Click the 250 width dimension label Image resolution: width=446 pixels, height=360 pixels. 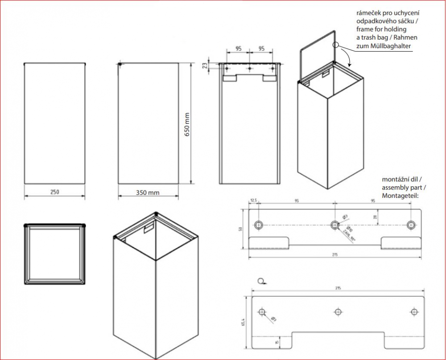click(x=54, y=192)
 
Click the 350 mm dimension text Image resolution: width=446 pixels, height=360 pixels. click(x=148, y=192)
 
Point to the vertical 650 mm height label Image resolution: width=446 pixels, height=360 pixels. click(x=187, y=125)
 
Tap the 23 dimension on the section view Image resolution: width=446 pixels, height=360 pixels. click(x=205, y=65)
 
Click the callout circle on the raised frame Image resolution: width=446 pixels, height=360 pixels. click(x=336, y=45)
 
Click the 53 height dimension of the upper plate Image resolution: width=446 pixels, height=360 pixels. click(x=241, y=229)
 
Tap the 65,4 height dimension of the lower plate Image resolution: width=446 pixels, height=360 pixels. click(x=243, y=322)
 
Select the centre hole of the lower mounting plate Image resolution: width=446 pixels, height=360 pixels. click(x=338, y=311)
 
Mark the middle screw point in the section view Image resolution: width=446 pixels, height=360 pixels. click(x=249, y=69)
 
